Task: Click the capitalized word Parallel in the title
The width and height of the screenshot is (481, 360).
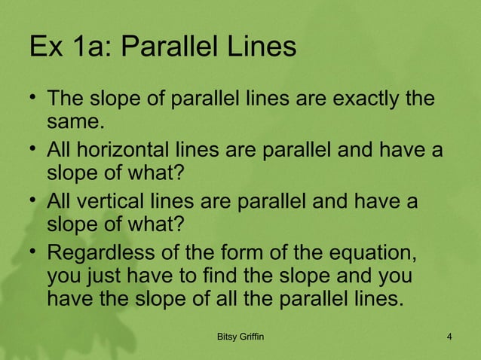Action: tap(167, 47)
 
